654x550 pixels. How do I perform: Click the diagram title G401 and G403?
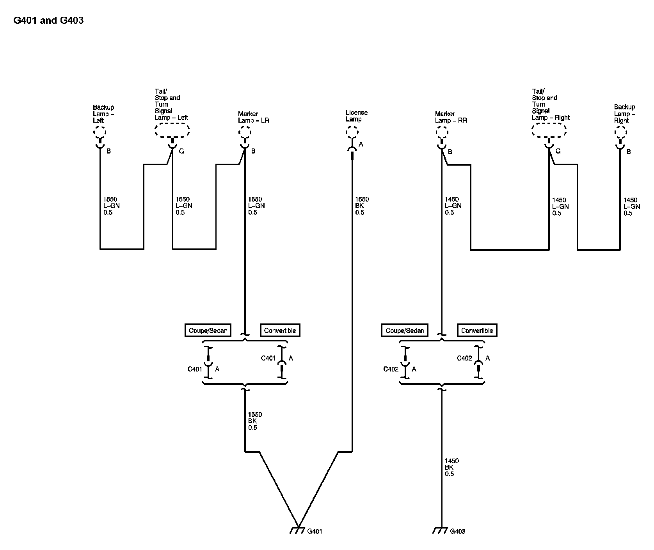pyautogui.click(x=48, y=20)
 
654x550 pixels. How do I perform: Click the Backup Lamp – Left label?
pyautogui.click(x=103, y=114)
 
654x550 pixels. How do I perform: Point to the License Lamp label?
pyautogui.click(x=356, y=116)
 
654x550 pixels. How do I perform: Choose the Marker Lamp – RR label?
pyautogui.click(x=451, y=117)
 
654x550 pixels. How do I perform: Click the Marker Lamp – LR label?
pyautogui.click(x=253, y=117)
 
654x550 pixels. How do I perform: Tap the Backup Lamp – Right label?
pyautogui.click(x=624, y=113)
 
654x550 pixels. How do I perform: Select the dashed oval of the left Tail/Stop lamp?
pyautogui.click(x=172, y=130)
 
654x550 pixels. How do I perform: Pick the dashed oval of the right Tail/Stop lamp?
pyautogui.click(x=549, y=130)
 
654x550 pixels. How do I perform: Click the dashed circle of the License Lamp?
pyautogui.click(x=352, y=133)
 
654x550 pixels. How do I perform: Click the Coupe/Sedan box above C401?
pyautogui.click(x=208, y=330)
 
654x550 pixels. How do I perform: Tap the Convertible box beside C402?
pyautogui.click(x=477, y=330)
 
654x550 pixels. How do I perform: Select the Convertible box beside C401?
pyautogui.click(x=280, y=330)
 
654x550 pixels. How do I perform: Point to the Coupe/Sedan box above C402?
pyautogui.click(x=405, y=330)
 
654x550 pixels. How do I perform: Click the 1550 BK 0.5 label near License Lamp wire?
pyautogui.click(x=362, y=206)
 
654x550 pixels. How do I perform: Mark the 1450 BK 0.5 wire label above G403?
pyautogui.click(x=451, y=467)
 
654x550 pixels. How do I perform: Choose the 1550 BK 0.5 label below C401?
pyautogui.click(x=255, y=421)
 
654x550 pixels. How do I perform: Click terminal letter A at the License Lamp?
pyautogui.click(x=361, y=145)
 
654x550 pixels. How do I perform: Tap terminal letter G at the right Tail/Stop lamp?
pyautogui.click(x=558, y=151)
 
